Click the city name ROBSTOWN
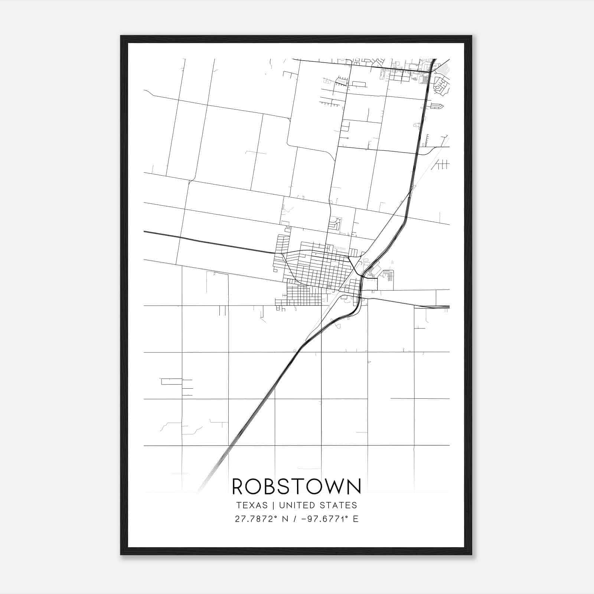coord(296,487)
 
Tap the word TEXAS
coord(251,505)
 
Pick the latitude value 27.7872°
coord(256,519)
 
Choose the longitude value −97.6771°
coord(324,519)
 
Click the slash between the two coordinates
coord(295,519)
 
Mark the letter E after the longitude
coord(356,519)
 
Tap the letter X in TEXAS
coord(252,505)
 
